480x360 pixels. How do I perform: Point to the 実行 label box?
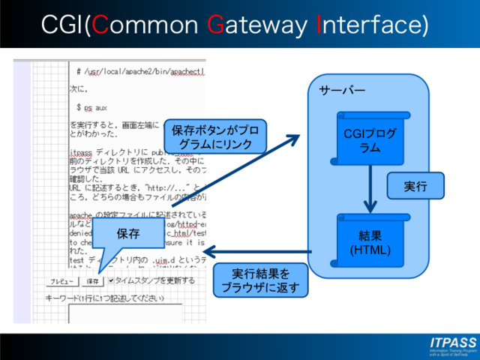415,186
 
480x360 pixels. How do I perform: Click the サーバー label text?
342,91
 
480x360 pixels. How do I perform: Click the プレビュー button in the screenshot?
61,281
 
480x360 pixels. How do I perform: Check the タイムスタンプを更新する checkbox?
111,280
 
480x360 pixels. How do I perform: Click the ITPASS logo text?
453,343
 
